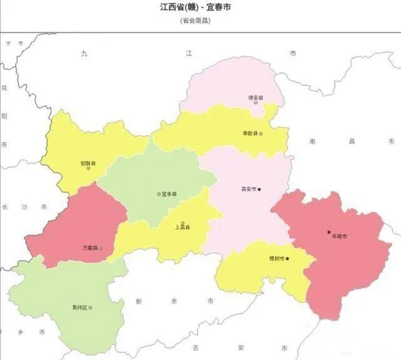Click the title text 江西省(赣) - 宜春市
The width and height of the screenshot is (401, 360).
point(195,7)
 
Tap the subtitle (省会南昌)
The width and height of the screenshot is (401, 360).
point(195,21)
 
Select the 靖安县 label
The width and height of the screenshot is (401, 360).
point(256,98)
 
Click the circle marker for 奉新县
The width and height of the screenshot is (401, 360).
point(261,134)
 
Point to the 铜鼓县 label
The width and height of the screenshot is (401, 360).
point(88,163)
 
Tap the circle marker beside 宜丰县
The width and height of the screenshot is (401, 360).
point(159,194)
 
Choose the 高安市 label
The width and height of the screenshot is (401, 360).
point(249,189)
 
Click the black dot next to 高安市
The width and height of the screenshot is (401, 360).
point(259,189)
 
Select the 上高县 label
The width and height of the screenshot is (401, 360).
point(183,227)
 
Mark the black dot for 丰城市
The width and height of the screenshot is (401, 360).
point(329,232)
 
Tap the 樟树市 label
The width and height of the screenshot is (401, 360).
point(277,259)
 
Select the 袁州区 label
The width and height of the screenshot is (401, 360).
point(80,308)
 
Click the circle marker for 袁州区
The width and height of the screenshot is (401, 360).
point(90,308)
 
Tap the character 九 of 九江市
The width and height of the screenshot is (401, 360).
point(84,54)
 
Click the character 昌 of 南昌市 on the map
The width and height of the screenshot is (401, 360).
point(352,141)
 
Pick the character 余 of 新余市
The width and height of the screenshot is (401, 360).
point(174,301)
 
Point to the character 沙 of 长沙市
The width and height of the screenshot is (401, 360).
point(24,207)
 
